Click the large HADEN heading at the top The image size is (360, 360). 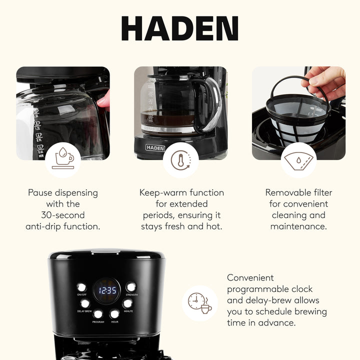coord(179,29)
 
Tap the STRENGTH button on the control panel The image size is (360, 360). coord(131,287)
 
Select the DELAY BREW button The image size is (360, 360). coord(85,303)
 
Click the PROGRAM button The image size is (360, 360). coord(97,314)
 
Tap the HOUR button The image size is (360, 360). coord(115,314)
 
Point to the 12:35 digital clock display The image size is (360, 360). coord(106,290)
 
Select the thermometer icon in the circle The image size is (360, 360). coord(180,160)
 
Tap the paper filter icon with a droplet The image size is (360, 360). coord(298,160)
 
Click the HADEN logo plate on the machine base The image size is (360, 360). coord(155,147)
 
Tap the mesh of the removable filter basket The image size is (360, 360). coord(295,115)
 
